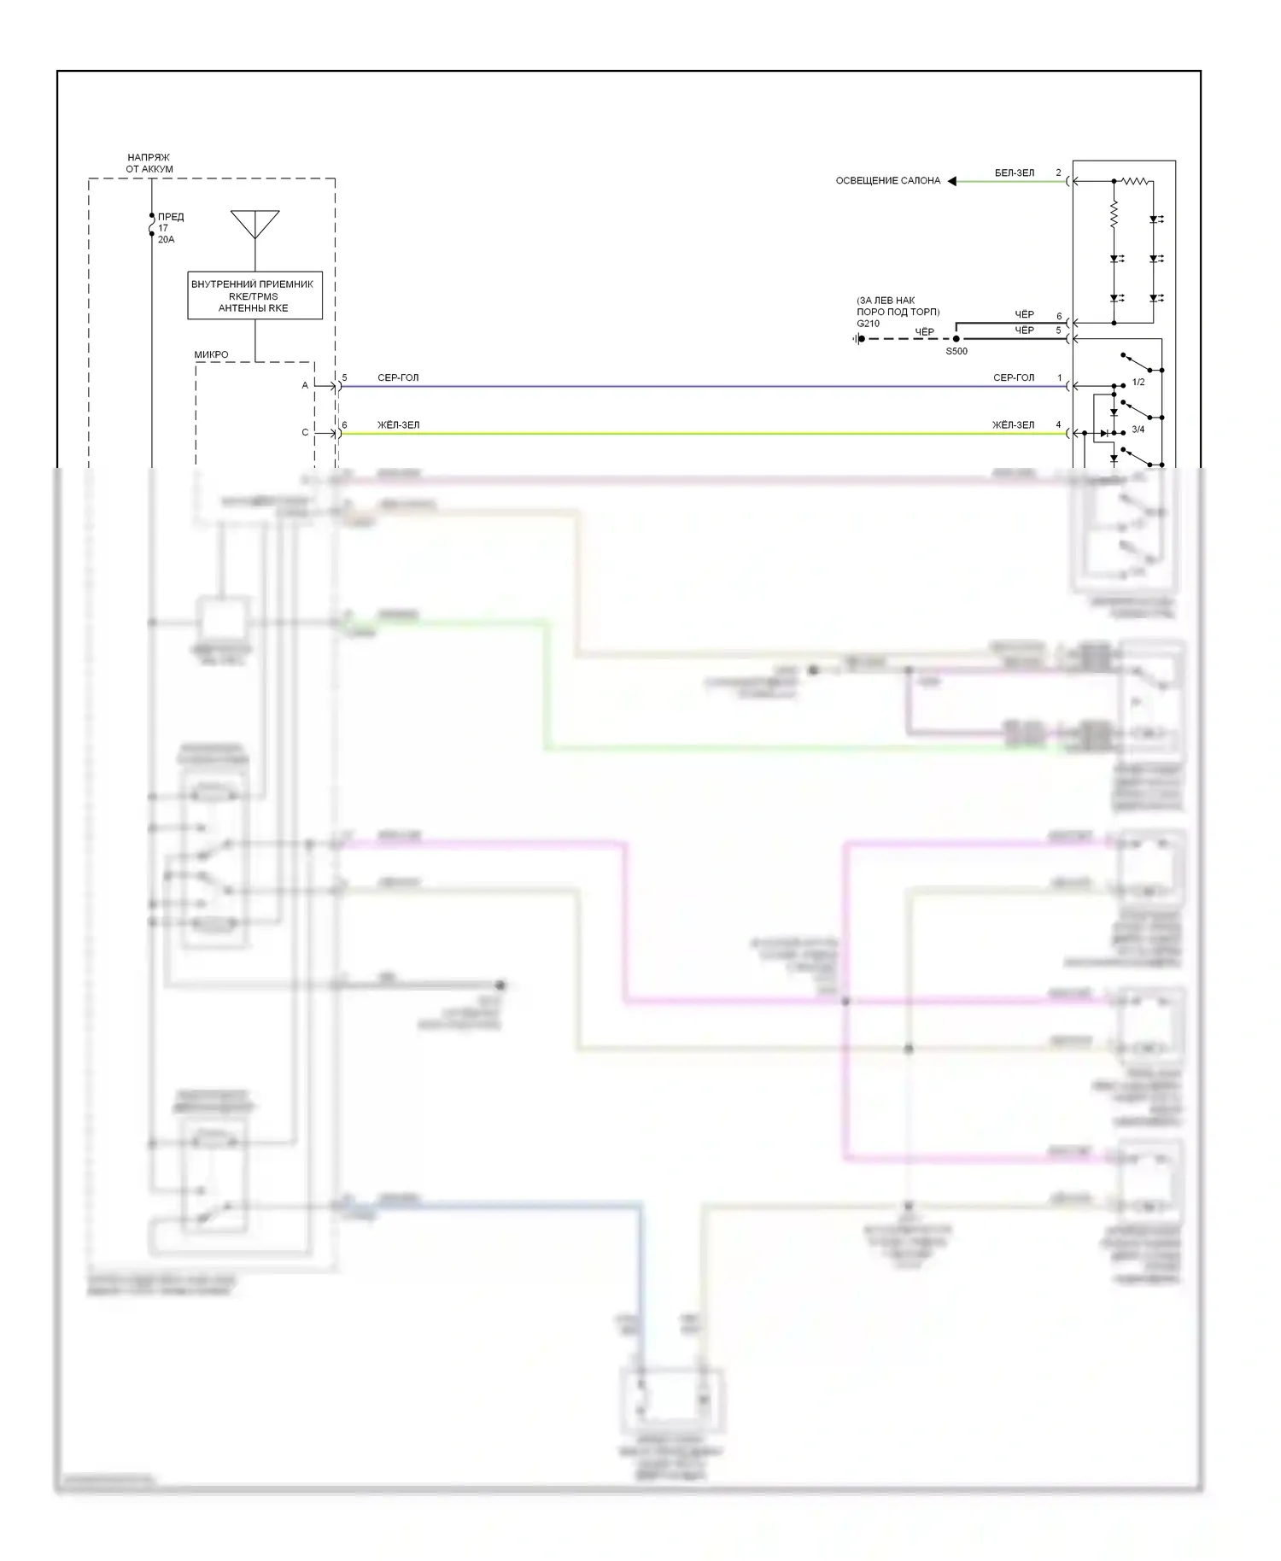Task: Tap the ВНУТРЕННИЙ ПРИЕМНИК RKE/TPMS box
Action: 254,295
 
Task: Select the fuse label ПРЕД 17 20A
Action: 170,228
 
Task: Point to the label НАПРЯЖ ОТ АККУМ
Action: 149,163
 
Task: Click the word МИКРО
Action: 211,354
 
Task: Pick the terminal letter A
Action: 305,386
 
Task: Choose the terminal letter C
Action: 305,433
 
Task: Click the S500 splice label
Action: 956,351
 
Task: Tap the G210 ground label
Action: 868,324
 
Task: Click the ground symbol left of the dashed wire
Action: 857,339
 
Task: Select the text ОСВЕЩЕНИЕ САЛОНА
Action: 887,181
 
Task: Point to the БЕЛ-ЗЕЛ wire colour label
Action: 1014,173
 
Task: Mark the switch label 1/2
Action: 1138,383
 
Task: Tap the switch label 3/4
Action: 1138,430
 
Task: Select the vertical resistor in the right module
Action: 1114,214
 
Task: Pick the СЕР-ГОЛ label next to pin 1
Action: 1014,377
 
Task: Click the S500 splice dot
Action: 956,339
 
